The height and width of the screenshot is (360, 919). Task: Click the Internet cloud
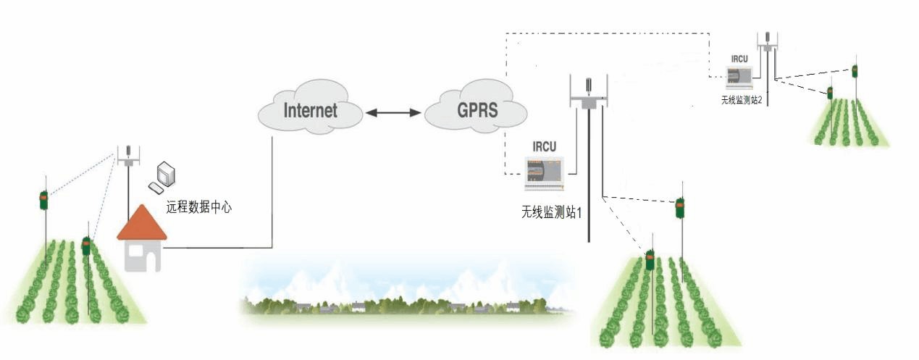[310, 111]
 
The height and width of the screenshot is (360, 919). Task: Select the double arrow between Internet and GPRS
[393, 112]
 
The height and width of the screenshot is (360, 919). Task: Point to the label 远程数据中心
[198, 207]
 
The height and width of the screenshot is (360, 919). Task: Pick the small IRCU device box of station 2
[739, 75]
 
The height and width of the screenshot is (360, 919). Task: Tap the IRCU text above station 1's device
[544, 146]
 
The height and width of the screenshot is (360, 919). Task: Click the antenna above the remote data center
[128, 156]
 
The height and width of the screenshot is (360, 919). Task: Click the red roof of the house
[142, 224]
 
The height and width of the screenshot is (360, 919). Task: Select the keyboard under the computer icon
[156, 188]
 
